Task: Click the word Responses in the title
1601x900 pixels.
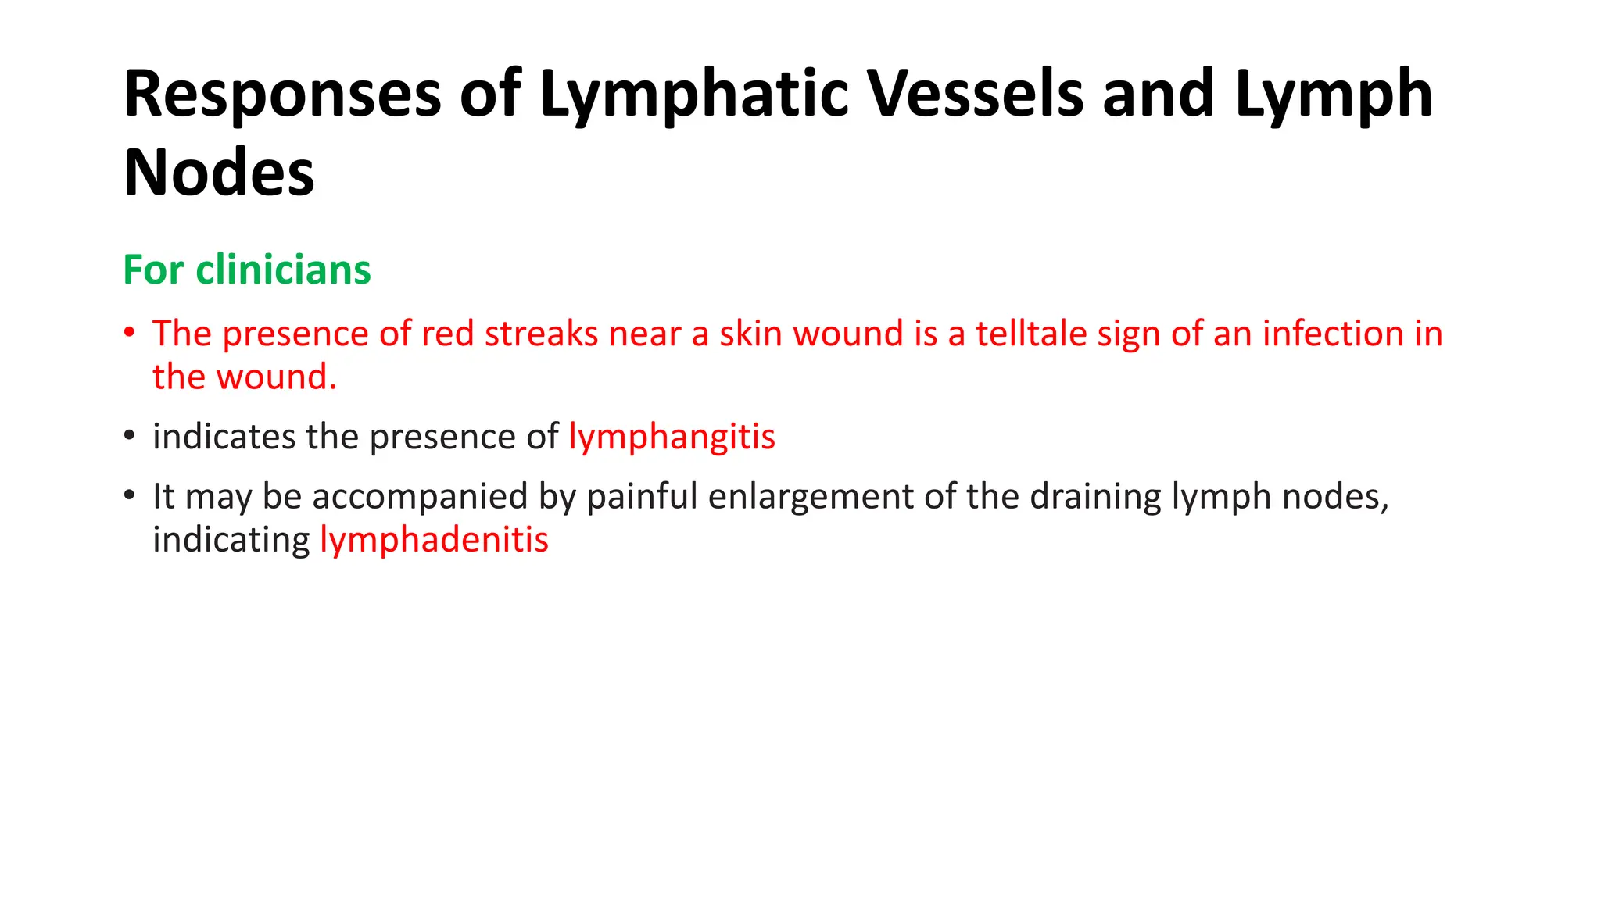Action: point(282,95)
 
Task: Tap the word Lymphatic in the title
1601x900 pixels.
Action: point(693,95)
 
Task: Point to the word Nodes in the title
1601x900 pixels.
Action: point(219,173)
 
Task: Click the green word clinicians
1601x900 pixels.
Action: point(283,270)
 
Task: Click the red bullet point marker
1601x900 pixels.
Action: point(130,332)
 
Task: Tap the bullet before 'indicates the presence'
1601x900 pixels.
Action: point(130,435)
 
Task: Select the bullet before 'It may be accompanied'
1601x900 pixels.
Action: point(130,495)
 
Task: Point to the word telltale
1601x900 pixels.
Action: point(1031,334)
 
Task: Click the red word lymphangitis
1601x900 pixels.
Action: point(672,437)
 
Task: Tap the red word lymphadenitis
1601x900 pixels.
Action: point(435,540)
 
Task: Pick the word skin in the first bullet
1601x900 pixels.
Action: point(750,334)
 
